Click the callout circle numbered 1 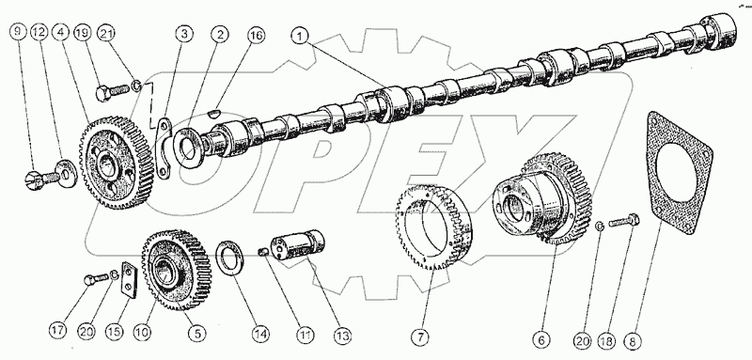pyautogui.click(x=302, y=37)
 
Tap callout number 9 pyautogui.click(x=18, y=33)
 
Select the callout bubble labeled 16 pyautogui.click(x=256, y=37)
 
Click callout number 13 pyautogui.click(x=343, y=334)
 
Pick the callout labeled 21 pyautogui.click(x=106, y=33)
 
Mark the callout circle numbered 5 pyautogui.click(x=197, y=333)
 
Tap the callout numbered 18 pyautogui.click(x=608, y=341)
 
